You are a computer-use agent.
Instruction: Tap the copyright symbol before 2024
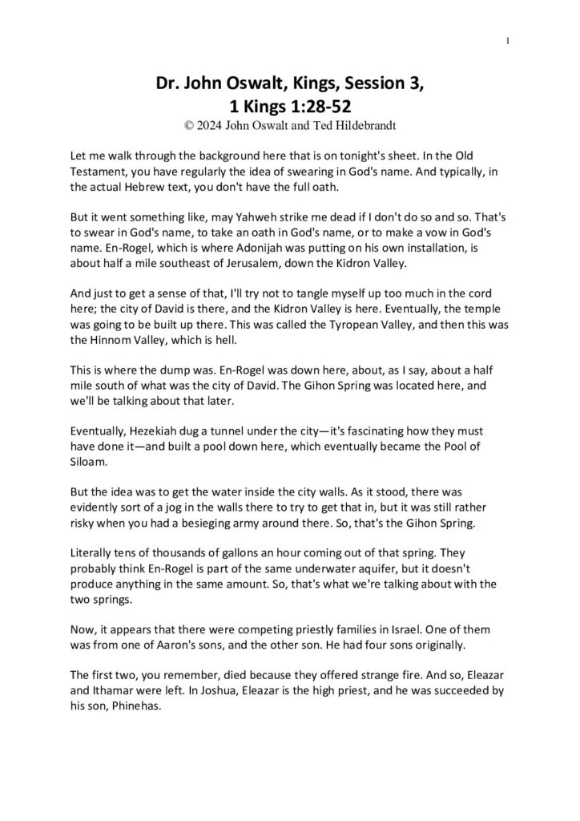(188, 125)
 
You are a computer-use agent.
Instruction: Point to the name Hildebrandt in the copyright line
(356, 125)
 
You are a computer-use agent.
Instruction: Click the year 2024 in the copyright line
(211, 125)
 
